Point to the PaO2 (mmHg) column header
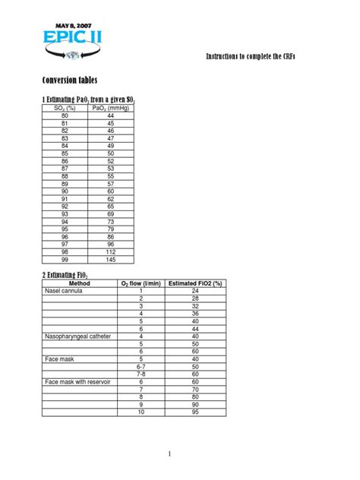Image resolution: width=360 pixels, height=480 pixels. click(110, 108)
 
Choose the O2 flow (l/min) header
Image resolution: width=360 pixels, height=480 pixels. click(141, 283)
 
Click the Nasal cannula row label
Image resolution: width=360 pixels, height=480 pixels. click(65, 291)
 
